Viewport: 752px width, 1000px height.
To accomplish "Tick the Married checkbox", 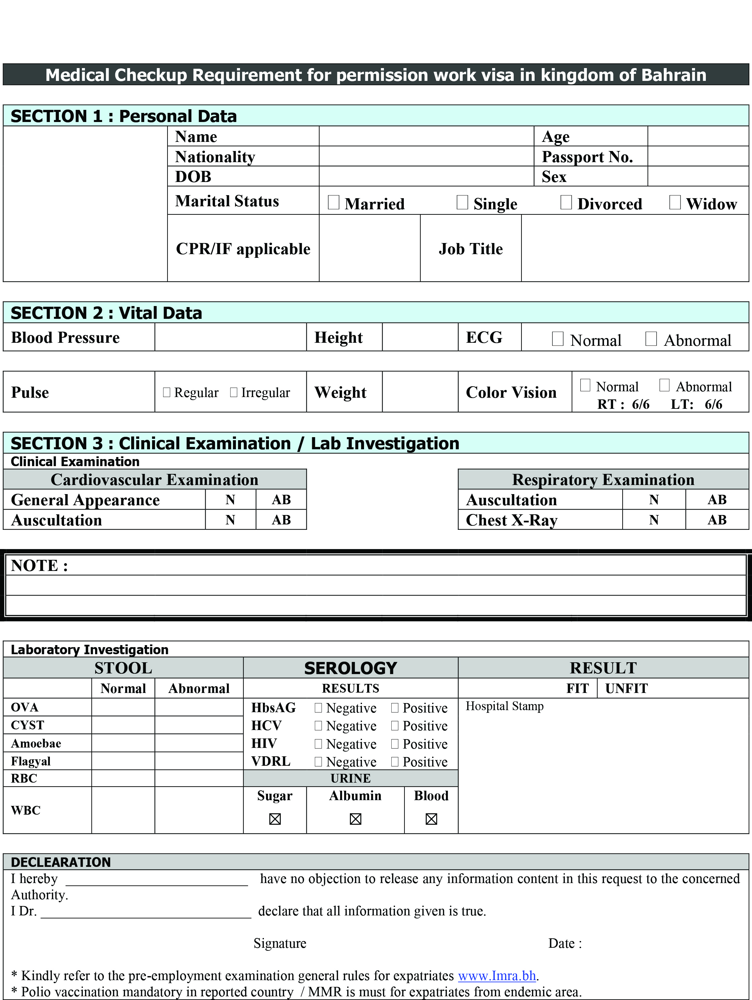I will [x=333, y=203].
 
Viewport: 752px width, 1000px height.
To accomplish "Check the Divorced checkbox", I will [x=566, y=203].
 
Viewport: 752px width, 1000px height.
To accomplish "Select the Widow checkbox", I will [x=675, y=203].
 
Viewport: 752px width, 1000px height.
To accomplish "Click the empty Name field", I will [x=426, y=136].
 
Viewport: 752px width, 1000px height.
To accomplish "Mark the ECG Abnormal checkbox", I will [x=651, y=339].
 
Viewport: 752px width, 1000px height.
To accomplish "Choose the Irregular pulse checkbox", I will [x=233, y=392].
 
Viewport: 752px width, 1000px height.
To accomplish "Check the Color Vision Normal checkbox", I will [x=585, y=385].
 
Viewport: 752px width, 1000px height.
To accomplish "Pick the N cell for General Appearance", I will [x=230, y=499].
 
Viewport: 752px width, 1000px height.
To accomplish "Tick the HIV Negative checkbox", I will [x=318, y=744].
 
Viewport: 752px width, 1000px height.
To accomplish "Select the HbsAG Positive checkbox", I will [x=395, y=707].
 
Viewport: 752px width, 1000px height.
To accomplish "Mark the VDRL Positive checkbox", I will [x=395, y=762].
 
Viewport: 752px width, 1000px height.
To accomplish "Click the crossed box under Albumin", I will [x=355, y=819].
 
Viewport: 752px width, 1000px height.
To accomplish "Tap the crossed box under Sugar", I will [x=275, y=819].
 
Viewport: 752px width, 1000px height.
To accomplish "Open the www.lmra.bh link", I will [x=497, y=976].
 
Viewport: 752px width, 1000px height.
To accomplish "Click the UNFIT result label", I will [x=626, y=688].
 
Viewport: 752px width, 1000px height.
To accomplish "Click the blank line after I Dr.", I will [x=146, y=911].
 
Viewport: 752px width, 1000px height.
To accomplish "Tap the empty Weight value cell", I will [x=420, y=392].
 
